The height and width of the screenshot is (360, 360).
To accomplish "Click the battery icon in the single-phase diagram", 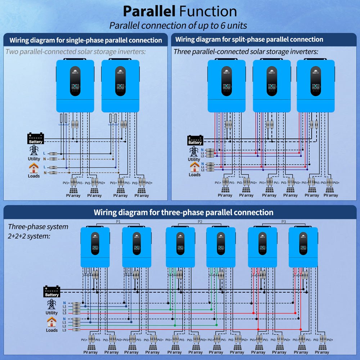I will [x=36, y=138].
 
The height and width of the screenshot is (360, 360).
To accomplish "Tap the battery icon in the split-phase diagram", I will [x=195, y=140].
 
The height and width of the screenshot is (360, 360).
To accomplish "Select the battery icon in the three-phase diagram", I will [x=51, y=291].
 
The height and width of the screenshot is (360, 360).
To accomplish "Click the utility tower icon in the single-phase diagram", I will [x=34, y=150].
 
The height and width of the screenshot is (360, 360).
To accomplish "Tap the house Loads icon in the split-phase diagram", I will [x=194, y=167].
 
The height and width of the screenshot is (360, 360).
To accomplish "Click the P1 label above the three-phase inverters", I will [x=118, y=221].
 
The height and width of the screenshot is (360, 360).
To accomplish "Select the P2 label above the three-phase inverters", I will [x=200, y=221].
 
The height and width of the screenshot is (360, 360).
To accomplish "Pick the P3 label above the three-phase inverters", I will [x=283, y=221].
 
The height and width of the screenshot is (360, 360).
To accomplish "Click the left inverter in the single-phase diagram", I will [x=75, y=86].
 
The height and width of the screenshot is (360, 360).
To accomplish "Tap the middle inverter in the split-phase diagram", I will [x=271, y=86].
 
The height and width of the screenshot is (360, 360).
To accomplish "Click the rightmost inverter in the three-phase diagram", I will [x=303, y=247].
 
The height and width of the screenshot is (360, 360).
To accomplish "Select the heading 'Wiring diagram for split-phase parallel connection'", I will [x=249, y=40].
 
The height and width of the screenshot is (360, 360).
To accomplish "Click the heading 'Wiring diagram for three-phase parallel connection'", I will [x=183, y=212].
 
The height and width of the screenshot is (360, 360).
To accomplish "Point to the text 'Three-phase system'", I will [x=38, y=227].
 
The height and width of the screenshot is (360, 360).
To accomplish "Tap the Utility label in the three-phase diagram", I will [x=51, y=313].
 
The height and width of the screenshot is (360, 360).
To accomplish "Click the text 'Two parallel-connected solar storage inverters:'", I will [x=76, y=51].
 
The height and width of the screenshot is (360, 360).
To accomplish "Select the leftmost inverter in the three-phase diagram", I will [x=95, y=247].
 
